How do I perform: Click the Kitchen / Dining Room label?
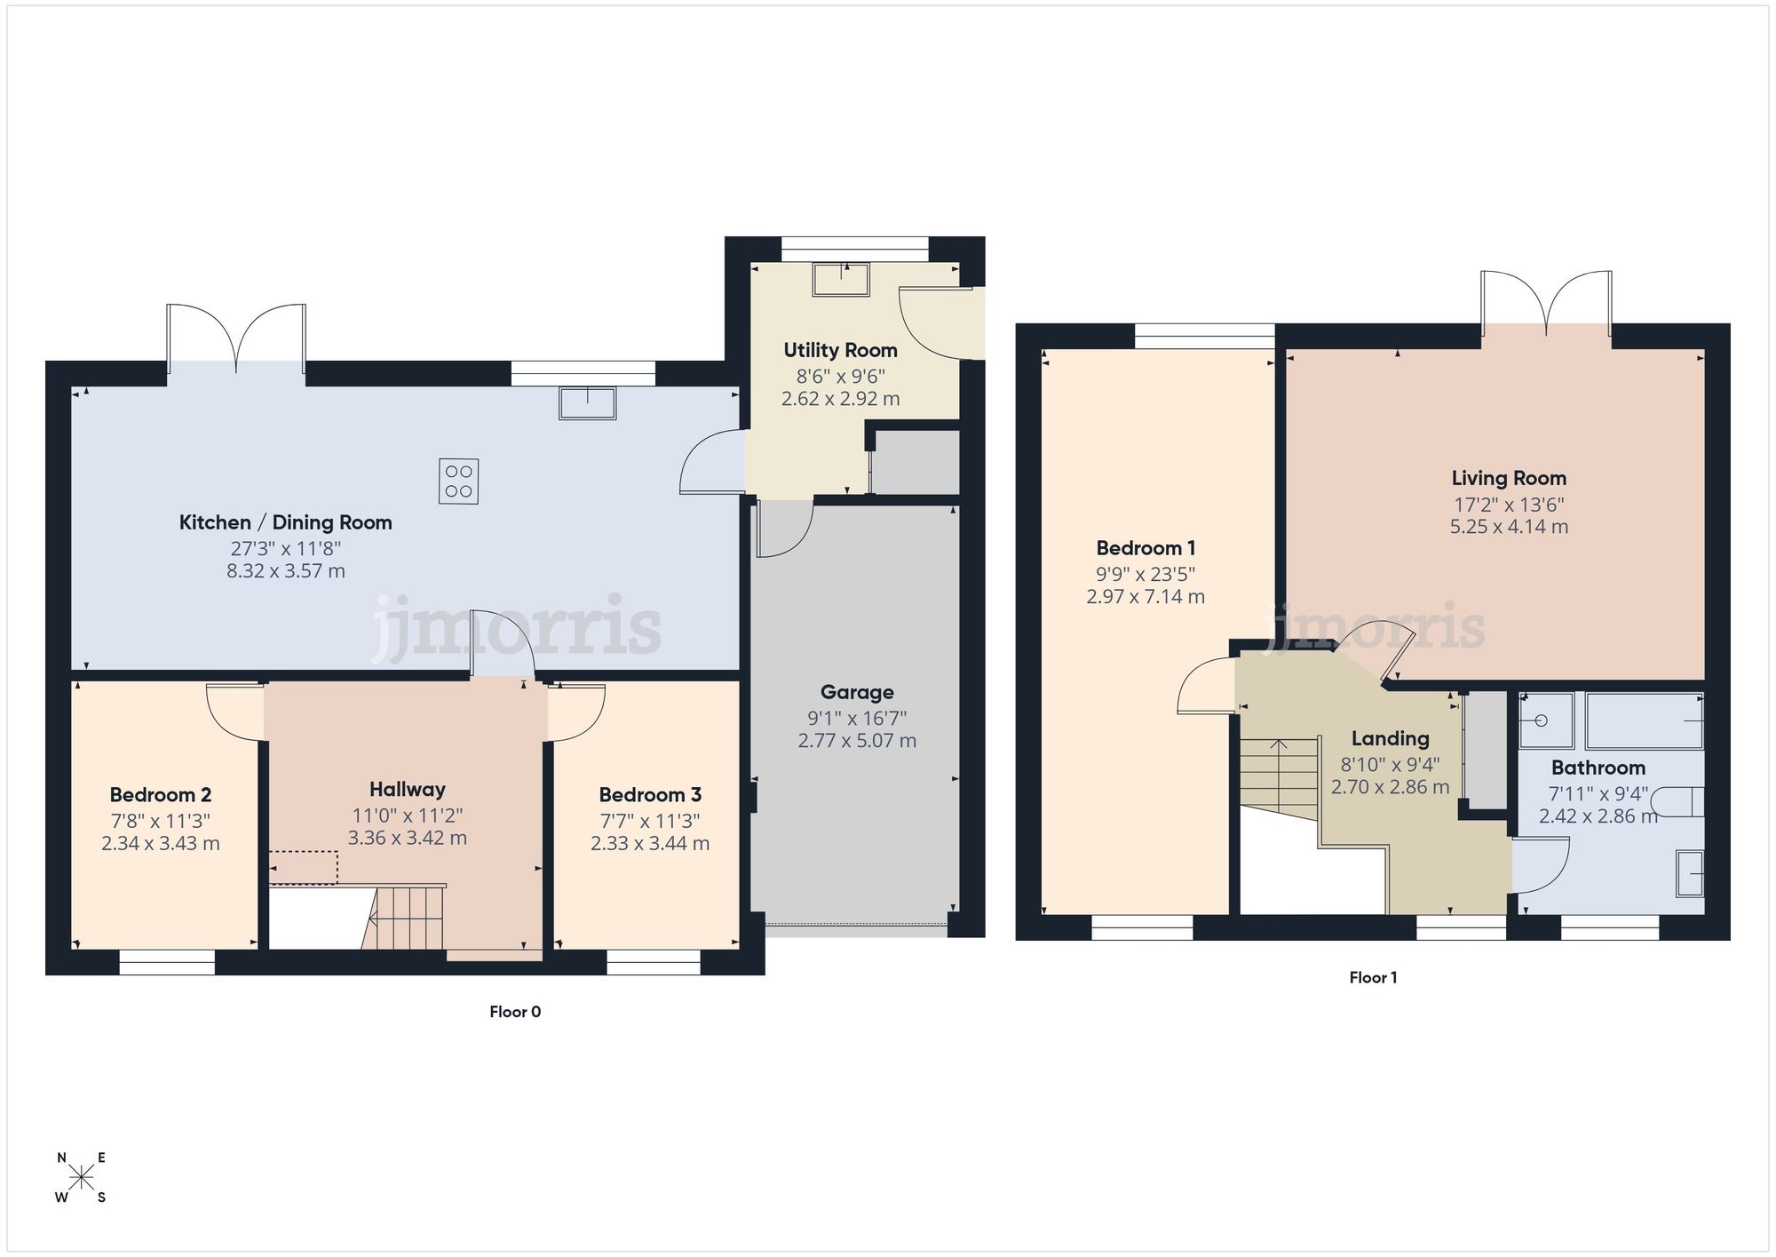click(x=285, y=522)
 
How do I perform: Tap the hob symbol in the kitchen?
click(x=458, y=481)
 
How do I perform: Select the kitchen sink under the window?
click(x=587, y=402)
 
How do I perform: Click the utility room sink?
click(x=840, y=280)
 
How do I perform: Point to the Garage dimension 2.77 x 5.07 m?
click(x=857, y=741)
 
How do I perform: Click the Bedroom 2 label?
click(x=161, y=795)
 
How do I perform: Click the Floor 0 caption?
click(x=515, y=1012)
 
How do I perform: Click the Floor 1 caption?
click(x=1373, y=978)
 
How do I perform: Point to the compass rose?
click(x=81, y=1178)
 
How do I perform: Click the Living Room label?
click(x=1509, y=479)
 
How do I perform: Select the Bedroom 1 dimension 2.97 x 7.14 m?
click(x=1146, y=597)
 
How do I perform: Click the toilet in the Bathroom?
click(x=1681, y=801)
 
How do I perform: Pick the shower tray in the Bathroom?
click(x=1545, y=720)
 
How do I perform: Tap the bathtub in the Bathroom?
click(x=1644, y=720)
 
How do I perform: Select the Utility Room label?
click(x=840, y=350)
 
